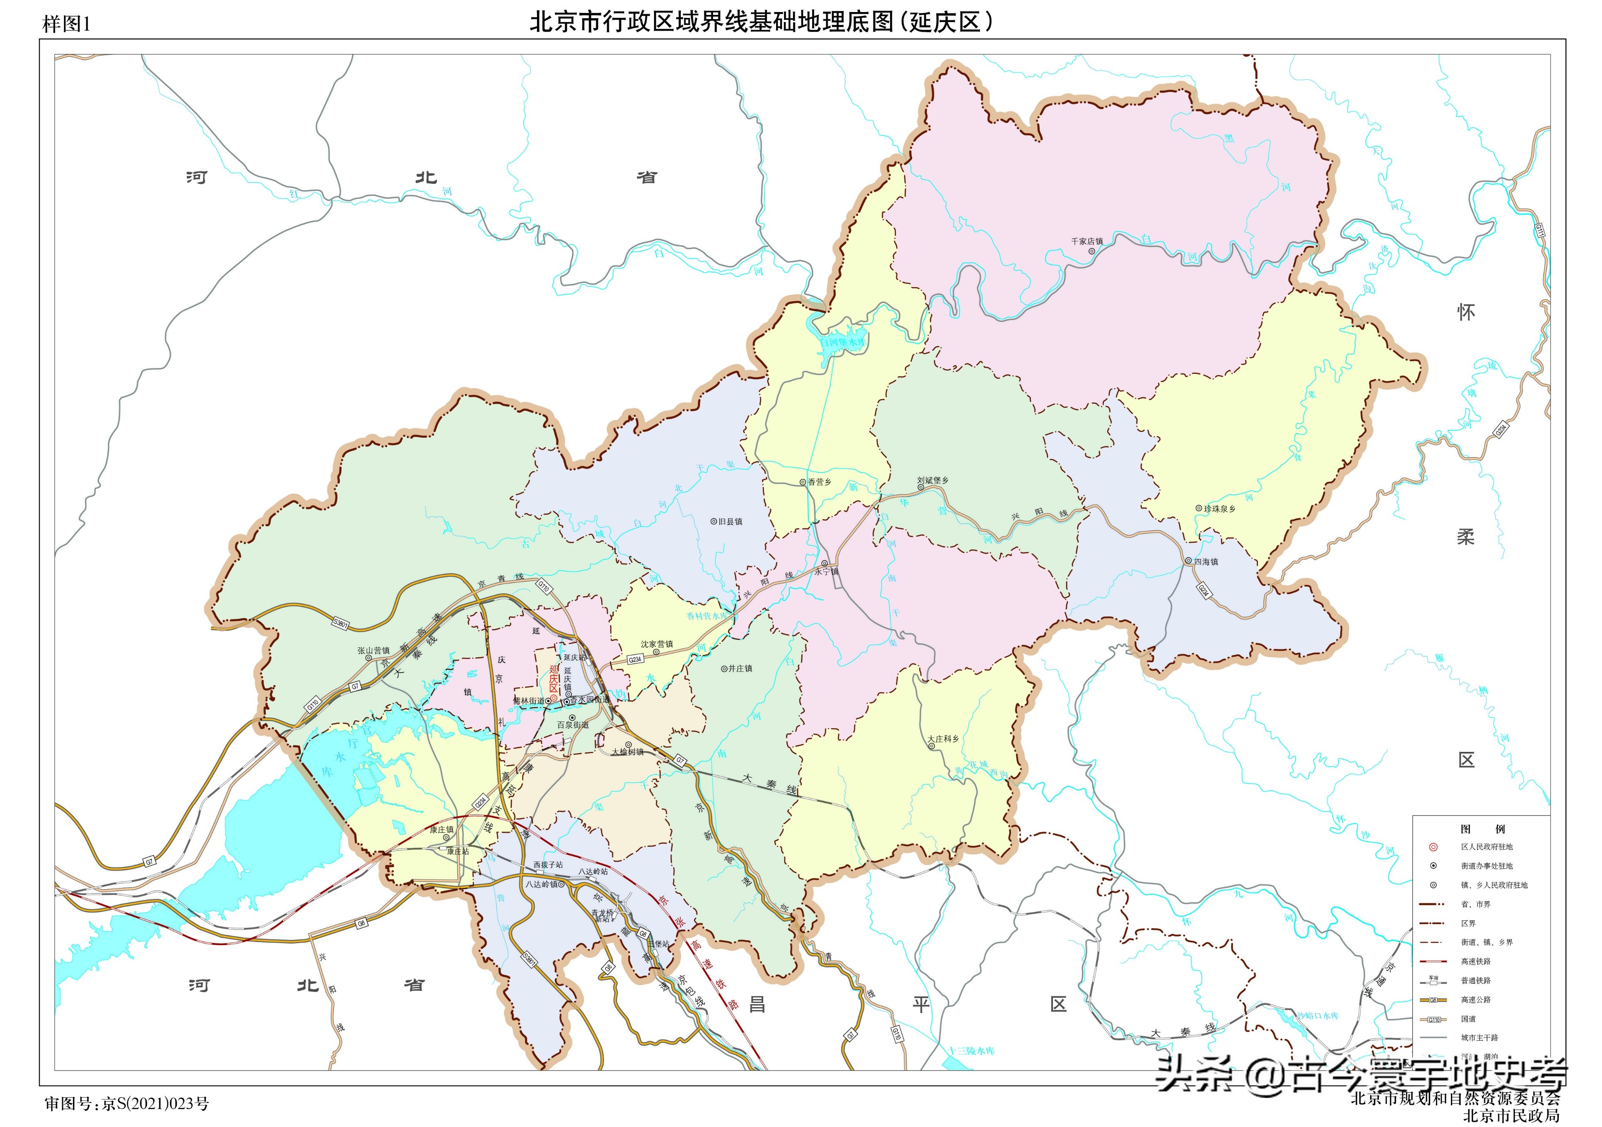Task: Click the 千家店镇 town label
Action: (1087, 242)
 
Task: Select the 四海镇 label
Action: (1205, 561)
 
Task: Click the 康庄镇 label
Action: (441, 829)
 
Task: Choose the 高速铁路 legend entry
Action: (1476, 961)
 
